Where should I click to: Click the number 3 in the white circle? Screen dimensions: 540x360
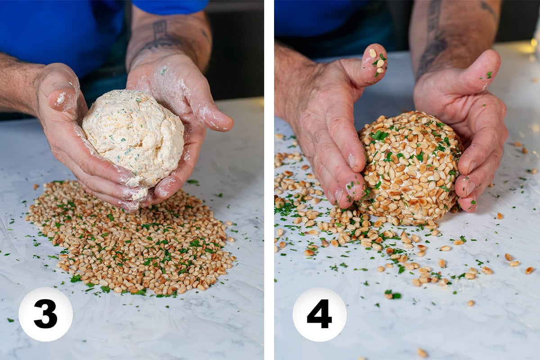coord(45,314)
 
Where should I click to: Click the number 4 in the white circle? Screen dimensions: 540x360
coord(319,314)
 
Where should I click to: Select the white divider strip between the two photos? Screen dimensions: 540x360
coord(269,180)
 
